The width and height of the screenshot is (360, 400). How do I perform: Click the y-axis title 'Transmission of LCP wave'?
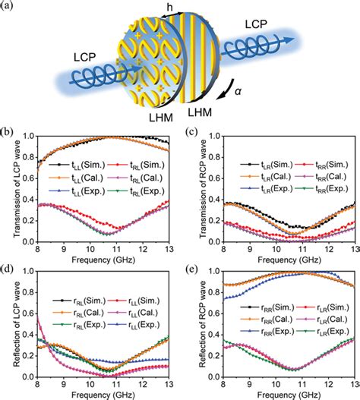click(9, 191)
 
